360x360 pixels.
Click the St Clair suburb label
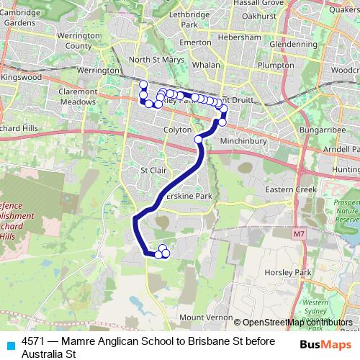[153, 171]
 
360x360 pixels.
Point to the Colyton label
[176, 130]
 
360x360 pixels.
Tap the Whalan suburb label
[206, 65]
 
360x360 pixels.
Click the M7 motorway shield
[300, 234]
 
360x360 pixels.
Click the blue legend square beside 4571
[9, 345]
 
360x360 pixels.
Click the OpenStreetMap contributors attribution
[295, 323]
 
